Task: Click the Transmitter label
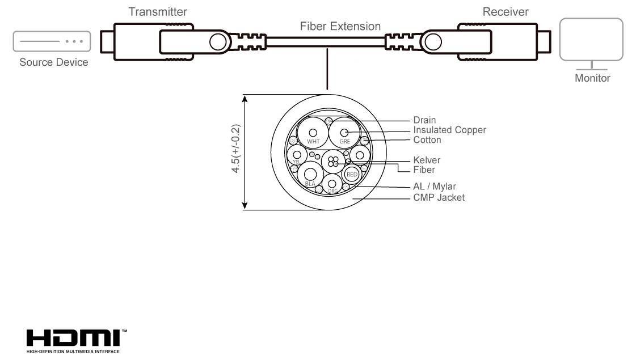pos(158,11)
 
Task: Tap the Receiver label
pos(505,11)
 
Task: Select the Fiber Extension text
pos(340,26)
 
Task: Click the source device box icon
pos(52,41)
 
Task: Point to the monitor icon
pos(591,40)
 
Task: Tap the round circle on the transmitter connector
pos(218,41)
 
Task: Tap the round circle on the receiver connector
pos(433,41)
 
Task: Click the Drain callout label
pos(424,120)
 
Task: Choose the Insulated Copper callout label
pos(449,130)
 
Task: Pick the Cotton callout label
pos(427,139)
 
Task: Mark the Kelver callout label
pos(427,160)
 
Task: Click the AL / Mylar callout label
pos(435,186)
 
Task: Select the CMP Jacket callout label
pos(439,197)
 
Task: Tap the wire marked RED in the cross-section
pos(352,174)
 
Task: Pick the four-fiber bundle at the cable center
pos(333,161)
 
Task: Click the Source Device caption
pos(54,62)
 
